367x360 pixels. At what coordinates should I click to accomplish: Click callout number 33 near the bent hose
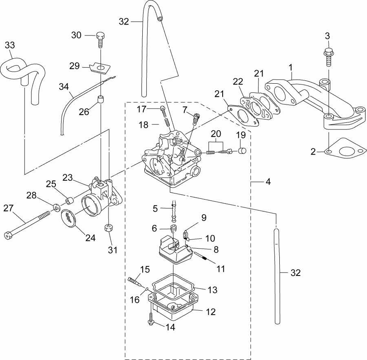[x=10, y=45]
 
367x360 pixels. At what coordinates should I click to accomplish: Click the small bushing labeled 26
[x=100, y=100]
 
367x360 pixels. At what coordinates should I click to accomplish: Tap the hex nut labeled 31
[x=109, y=228]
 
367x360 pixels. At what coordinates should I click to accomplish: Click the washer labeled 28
[x=54, y=204]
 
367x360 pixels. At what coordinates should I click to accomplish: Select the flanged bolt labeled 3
[x=328, y=57]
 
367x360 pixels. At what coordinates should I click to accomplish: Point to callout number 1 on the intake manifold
[x=290, y=66]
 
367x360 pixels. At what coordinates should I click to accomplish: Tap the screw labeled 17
[x=163, y=109]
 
